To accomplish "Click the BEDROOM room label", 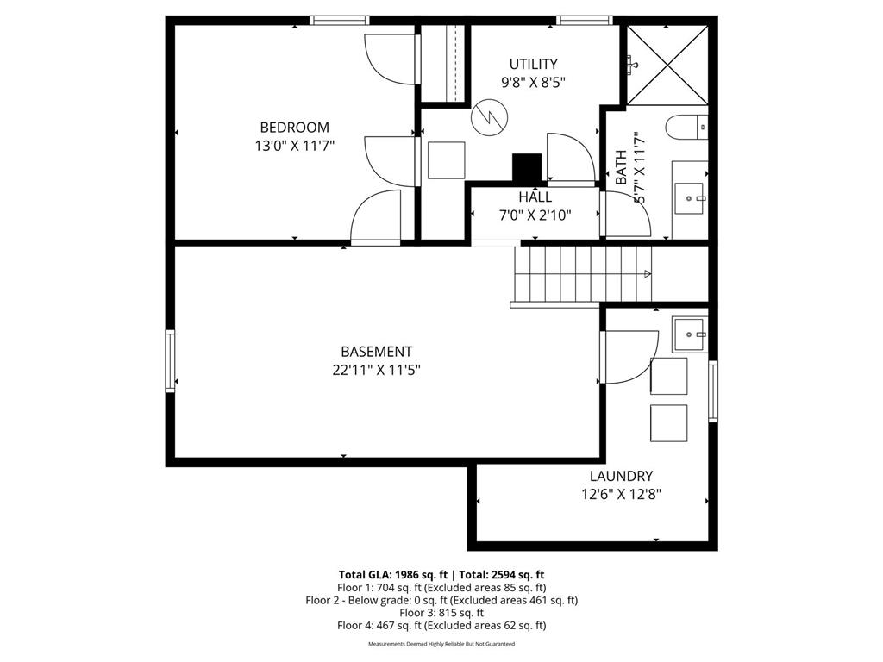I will (294, 128).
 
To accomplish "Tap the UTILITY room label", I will (533, 64).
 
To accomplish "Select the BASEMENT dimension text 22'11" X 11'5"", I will (376, 370).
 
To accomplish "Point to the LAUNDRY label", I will (621, 476).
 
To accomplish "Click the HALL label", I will (535, 197).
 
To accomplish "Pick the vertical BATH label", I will (621, 168).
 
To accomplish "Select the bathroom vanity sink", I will (690, 197).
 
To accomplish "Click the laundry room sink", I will (689, 334).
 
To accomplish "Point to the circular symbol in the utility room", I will (488, 116).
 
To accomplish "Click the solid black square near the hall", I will (526, 166).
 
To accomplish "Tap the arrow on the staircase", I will (647, 274).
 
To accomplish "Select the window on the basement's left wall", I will (171, 360).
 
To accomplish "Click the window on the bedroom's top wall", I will (340, 20).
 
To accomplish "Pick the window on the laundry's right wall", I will (713, 390).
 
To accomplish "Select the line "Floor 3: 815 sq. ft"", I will (441, 613).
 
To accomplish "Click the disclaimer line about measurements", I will (441, 644).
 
